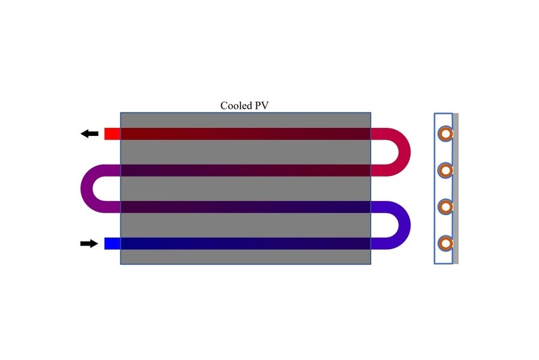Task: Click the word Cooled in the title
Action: coord(235,106)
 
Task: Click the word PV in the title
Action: coord(260,106)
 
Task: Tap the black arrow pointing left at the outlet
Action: coord(89,133)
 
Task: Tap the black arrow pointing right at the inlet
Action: coord(89,244)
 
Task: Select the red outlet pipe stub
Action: coord(112,133)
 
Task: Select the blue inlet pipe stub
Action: coord(112,244)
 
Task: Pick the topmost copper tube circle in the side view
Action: coord(445,134)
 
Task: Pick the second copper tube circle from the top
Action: coord(445,170)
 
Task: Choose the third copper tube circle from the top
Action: coord(445,206)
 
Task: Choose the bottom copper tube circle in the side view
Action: coord(445,242)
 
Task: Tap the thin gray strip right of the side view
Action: coord(456,189)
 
